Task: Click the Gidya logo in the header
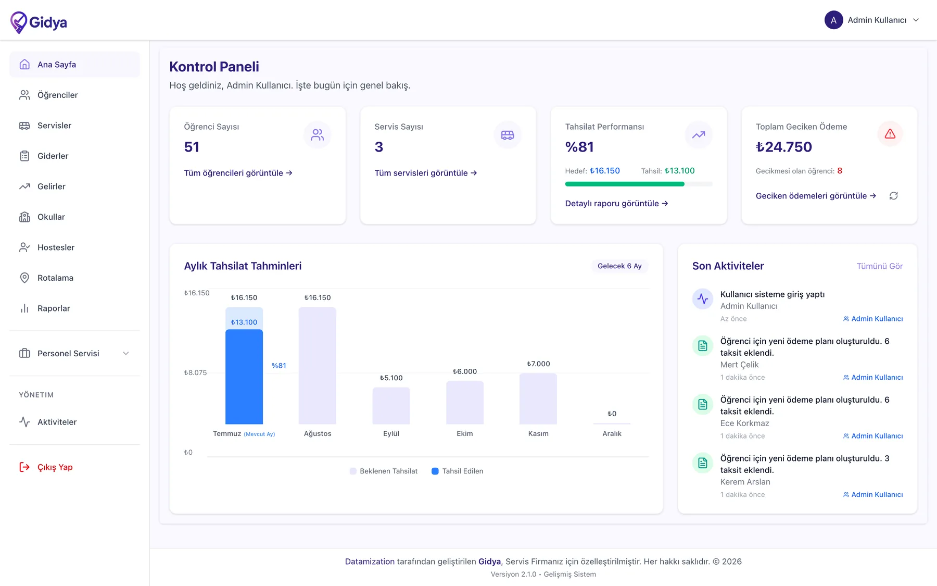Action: coord(39,22)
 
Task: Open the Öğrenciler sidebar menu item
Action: coord(57,95)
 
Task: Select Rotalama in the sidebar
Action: coord(55,278)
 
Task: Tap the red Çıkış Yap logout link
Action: coord(55,467)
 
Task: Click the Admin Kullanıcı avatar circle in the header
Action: coord(833,20)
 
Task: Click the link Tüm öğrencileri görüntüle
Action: coord(238,173)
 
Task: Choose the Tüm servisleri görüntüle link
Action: coord(426,173)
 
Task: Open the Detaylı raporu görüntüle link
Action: coord(616,204)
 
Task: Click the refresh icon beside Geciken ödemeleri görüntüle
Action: coord(894,196)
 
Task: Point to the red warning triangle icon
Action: coord(890,134)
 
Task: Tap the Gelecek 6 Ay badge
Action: coord(619,266)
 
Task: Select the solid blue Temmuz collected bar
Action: coord(244,377)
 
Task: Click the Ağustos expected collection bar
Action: coord(318,366)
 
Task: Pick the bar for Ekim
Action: coord(465,403)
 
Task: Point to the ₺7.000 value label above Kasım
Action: coord(538,364)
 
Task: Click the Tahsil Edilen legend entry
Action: coord(458,471)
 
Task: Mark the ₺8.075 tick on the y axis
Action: coord(195,372)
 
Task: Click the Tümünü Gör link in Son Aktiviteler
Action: coord(880,266)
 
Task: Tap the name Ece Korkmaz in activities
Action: coord(744,423)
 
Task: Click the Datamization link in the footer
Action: coord(370,562)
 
